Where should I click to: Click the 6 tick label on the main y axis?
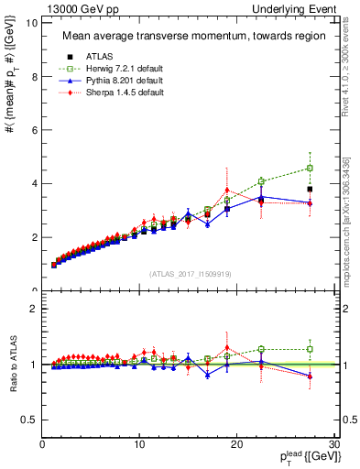[x=34, y=130]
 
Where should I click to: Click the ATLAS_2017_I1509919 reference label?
[x=190, y=273]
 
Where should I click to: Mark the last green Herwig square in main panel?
[x=311, y=169]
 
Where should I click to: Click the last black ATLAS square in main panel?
[x=311, y=189]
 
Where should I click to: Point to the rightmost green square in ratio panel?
[x=311, y=349]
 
